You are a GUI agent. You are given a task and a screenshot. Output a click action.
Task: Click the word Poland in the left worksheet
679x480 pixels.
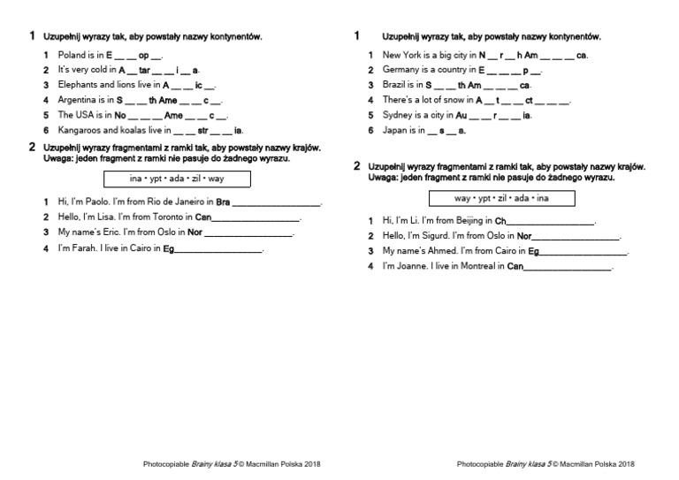(72, 55)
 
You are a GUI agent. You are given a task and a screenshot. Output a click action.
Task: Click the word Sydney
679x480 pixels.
(398, 115)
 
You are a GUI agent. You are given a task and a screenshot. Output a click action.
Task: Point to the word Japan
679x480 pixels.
(395, 130)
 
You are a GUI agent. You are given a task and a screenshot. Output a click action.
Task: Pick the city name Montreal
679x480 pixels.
(477, 266)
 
